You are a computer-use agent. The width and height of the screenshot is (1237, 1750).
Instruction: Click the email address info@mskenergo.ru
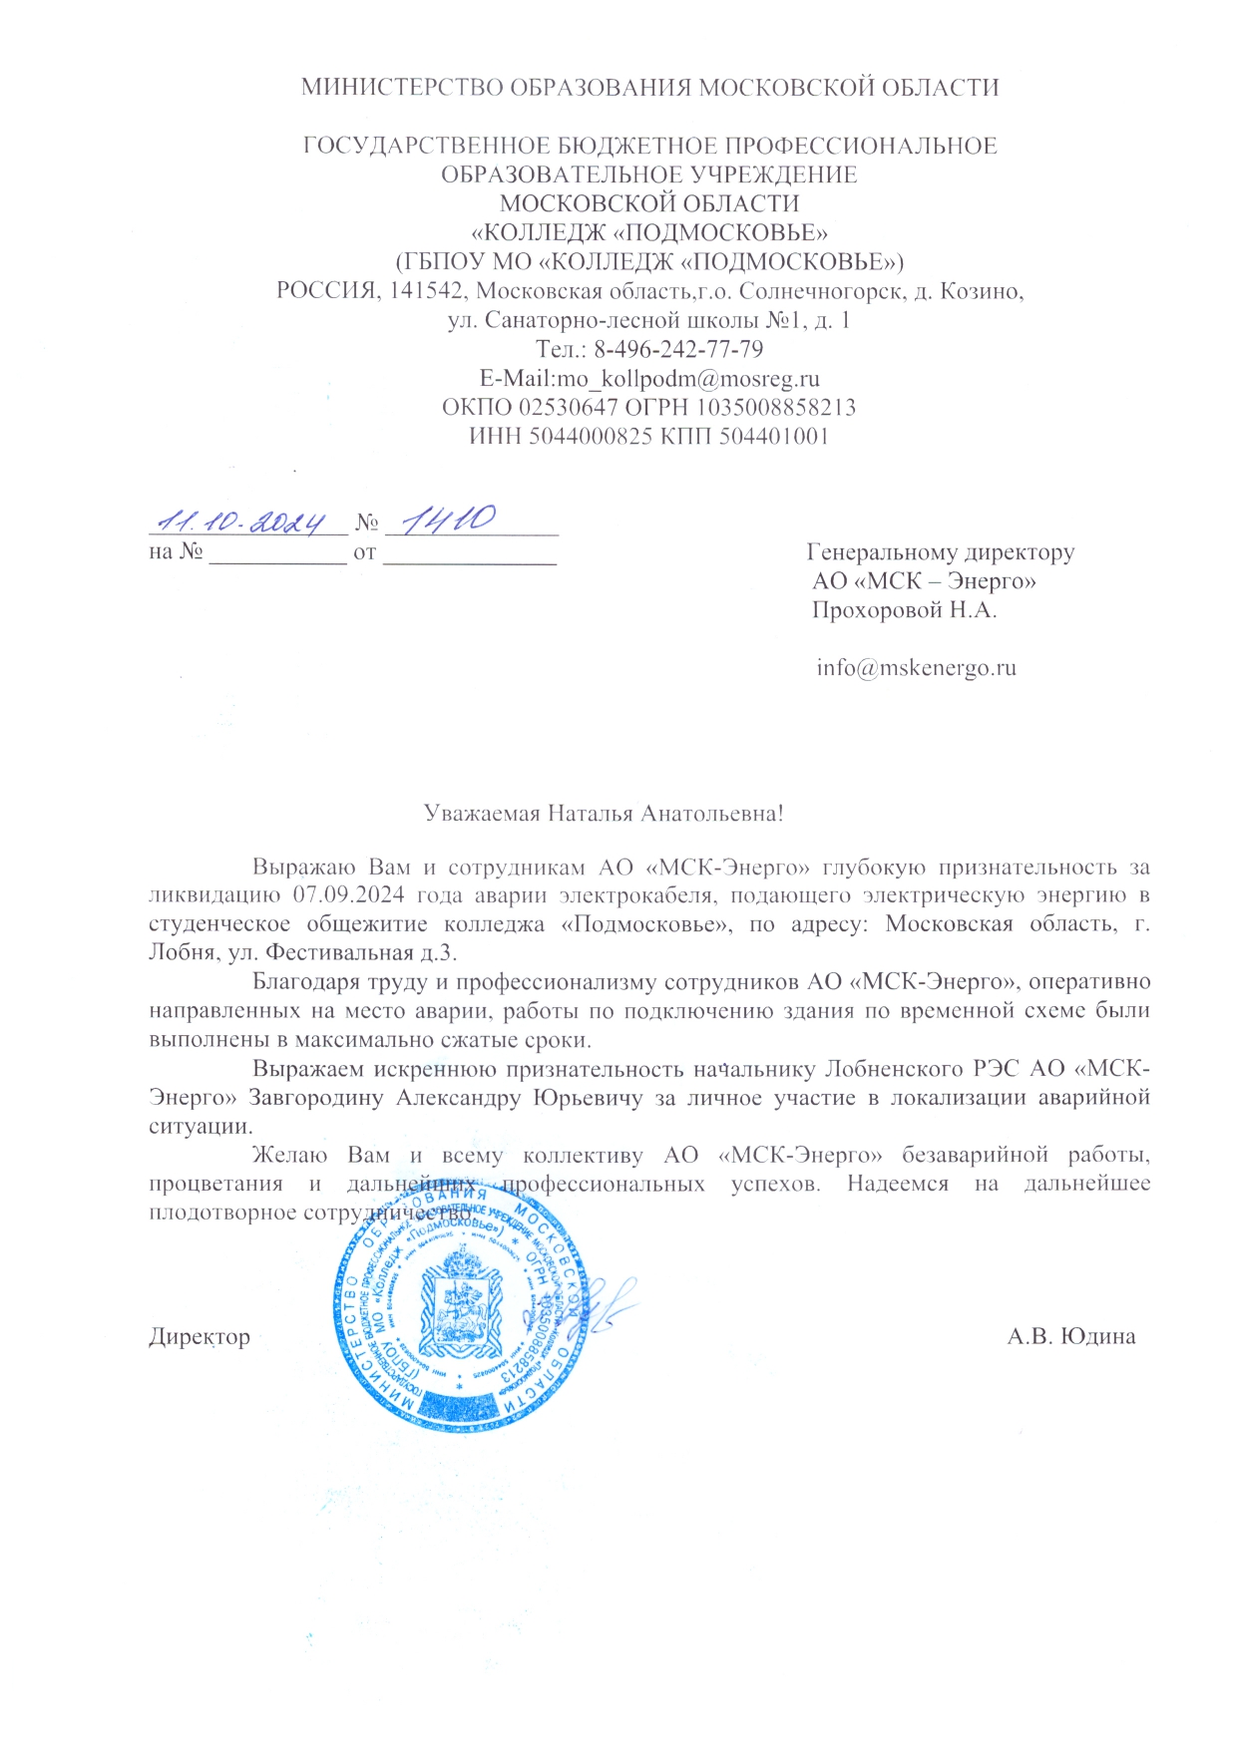click(916, 667)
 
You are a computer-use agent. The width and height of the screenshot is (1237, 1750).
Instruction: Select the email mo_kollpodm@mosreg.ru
click(688, 379)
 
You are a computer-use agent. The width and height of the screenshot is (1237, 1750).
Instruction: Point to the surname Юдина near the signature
click(1096, 1336)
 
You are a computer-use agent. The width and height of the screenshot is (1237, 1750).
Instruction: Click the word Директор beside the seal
click(200, 1336)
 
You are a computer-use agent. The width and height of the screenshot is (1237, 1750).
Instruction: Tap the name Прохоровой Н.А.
click(904, 609)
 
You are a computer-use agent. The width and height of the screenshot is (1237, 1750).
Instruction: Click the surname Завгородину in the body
click(316, 1098)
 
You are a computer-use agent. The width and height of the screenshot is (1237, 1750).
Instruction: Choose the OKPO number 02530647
click(565, 408)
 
